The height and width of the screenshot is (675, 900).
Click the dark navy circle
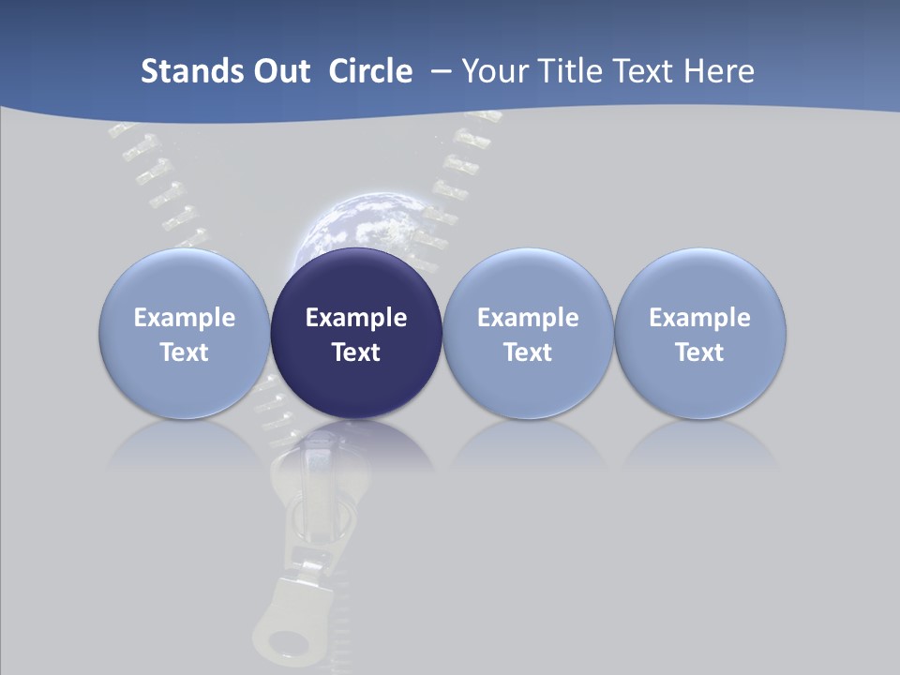click(356, 334)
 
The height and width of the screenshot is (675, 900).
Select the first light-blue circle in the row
click(185, 334)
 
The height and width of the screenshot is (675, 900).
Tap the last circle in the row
click(699, 334)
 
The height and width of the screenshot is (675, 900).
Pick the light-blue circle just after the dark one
click(528, 334)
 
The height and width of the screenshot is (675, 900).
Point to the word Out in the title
click(280, 71)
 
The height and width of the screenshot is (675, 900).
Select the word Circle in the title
click(370, 71)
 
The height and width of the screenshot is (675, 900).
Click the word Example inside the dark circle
click(356, 318)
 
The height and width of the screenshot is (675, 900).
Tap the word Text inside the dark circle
click(356, 352)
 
